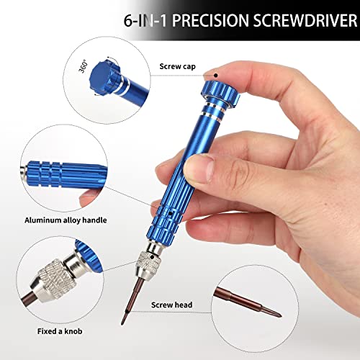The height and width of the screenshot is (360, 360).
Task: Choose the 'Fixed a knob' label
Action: (x=62, y=333)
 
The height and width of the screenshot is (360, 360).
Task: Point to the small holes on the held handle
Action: (x=168, y=214)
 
